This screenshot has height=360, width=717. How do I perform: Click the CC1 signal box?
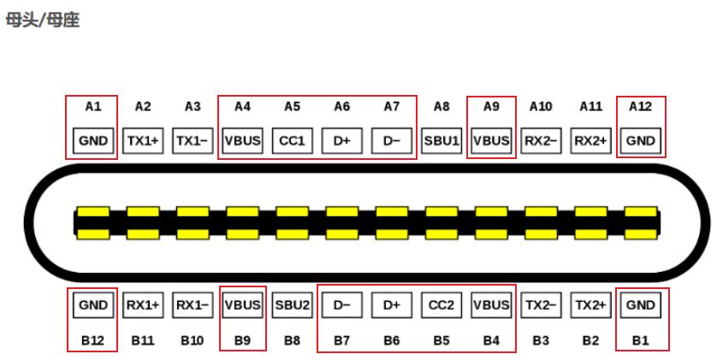[293, 141]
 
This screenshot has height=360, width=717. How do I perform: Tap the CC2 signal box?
[441, 304]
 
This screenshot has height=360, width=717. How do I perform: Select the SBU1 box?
[441, 141]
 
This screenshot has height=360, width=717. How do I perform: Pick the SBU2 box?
[293, 304]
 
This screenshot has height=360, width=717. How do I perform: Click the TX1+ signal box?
[143, 141]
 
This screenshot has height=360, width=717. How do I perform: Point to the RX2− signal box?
[541, 141]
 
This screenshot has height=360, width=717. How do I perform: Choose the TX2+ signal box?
[590, 304]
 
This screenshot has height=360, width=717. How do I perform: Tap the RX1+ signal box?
[143, 304]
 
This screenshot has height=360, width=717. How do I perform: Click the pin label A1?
[92, 106]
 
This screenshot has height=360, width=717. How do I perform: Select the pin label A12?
[640, 106]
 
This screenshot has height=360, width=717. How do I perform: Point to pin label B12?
[92, 340]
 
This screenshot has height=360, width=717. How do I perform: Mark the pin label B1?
[640, 340]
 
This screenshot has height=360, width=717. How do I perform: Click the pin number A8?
[441, 106]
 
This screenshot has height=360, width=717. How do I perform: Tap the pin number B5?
[441, 340]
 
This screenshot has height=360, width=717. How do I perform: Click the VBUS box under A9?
[491, 141]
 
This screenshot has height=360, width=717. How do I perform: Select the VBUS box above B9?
[242, 304]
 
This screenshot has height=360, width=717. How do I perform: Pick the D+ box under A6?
[342, 141]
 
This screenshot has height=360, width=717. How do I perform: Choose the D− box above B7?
[342, 304]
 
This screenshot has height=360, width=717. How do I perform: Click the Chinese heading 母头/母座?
[43, 20]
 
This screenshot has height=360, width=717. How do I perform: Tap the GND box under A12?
[640, 141]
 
